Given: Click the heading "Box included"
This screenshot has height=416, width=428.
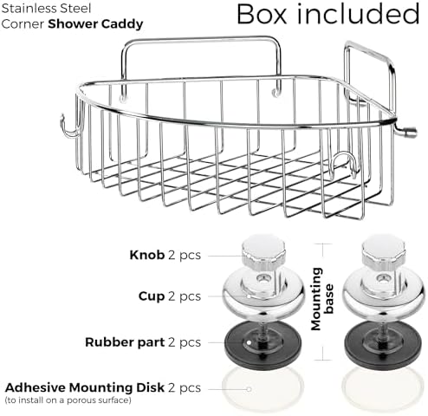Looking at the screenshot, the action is pos(327,14).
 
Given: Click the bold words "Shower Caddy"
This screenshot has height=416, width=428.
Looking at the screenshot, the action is pos(95,24).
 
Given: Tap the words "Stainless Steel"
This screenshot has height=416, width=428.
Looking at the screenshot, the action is pos(46,9).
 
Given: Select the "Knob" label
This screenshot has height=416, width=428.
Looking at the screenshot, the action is pos(146,255).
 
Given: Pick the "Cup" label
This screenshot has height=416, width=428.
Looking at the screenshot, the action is pos(152,296).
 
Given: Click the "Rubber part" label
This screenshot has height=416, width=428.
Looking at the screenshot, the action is pos(125,342).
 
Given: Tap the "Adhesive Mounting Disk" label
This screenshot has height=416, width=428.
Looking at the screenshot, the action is pos(85,387).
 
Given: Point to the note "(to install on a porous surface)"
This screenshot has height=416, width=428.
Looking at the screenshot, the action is pos(68,400).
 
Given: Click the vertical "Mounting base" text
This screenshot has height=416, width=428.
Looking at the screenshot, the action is pos(322,299).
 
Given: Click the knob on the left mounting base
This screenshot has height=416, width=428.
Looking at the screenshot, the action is pos(263,251).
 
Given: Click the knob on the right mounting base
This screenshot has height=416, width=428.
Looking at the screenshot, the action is pos(384,251).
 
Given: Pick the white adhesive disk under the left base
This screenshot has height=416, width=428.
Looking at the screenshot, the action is pos(263,388).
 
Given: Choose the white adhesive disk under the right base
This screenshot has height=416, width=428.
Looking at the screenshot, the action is pos(384,388).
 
